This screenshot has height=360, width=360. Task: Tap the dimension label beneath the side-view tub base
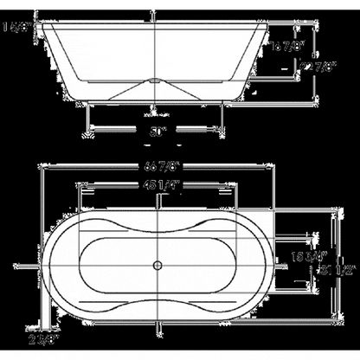click(157, 132)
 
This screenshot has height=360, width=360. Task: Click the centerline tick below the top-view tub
click(157, 326)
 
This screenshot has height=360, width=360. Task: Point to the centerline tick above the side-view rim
click(157, 16)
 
